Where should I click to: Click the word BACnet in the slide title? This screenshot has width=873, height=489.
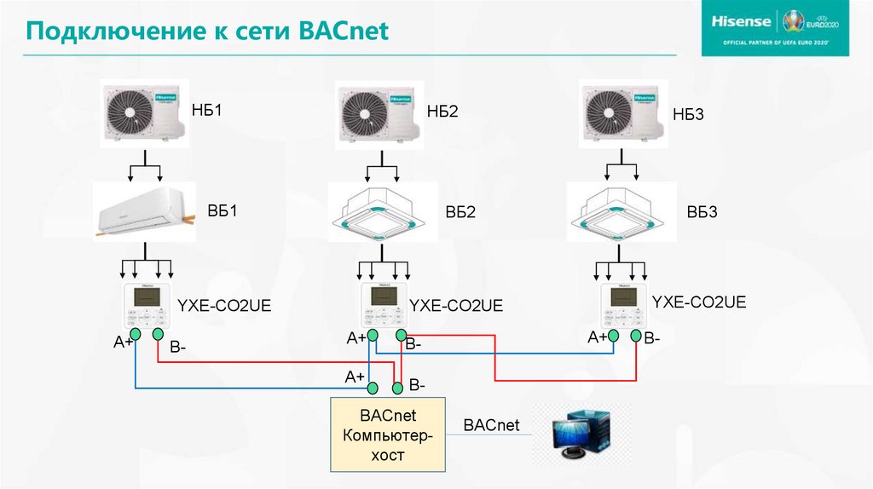coord(344,32)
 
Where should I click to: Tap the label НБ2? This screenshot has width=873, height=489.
coord(442,112)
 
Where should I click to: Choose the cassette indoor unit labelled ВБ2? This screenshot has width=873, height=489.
coord(376,212)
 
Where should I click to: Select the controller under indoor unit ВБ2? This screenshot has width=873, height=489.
coord(382,306)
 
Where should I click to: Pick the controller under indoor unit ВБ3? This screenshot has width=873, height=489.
coord(624,305)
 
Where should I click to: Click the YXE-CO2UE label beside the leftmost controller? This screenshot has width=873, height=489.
coord(223,305)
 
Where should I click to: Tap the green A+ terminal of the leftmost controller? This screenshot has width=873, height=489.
coord(135,337)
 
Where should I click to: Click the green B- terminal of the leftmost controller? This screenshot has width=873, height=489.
coord(158,336)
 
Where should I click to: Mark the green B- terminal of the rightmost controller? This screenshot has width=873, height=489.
coord(636,337)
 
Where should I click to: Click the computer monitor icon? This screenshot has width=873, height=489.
coord(581,435)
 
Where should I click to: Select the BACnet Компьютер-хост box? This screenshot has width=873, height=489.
coord(389,434)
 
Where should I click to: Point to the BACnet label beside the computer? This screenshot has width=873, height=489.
coord(491,425)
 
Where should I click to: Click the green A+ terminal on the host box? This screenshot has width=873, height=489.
coord(373,388)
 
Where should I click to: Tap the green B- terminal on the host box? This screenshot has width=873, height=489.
coord(397,388)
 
